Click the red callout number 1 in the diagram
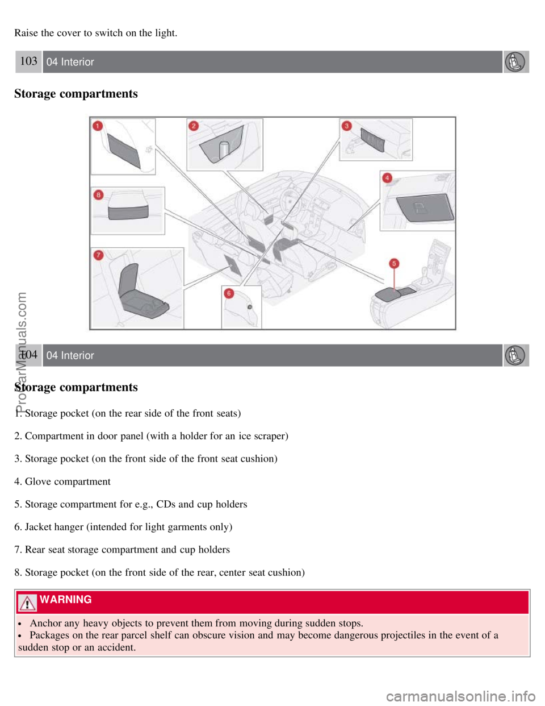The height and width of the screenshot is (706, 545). [x=98, y=126]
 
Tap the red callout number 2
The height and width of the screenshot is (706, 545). [x=194, y=126]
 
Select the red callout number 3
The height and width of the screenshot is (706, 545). [x=346, y=126]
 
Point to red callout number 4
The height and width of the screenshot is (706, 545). [x=387, y=178]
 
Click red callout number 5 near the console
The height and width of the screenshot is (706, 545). [x=394, y=263]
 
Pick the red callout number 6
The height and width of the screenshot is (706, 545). [x=229, y=293]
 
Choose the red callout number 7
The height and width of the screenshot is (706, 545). [x=98, y=255]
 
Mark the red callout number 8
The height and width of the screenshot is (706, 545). [x=98, y=195]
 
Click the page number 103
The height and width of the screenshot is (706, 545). [x=28, y=61]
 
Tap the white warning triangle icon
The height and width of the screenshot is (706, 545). [x=27, y=601]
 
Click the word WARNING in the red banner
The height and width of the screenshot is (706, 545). [x=66, y=600]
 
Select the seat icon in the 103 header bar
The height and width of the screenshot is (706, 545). [x=515, y=62]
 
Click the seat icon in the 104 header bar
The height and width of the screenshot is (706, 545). [x=515, y=355]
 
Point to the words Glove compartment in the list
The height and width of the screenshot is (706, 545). [x=68, y=481]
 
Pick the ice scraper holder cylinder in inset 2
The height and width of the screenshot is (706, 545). [x=224, y=149]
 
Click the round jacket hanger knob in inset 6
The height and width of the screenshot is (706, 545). [x=250, y=307]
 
